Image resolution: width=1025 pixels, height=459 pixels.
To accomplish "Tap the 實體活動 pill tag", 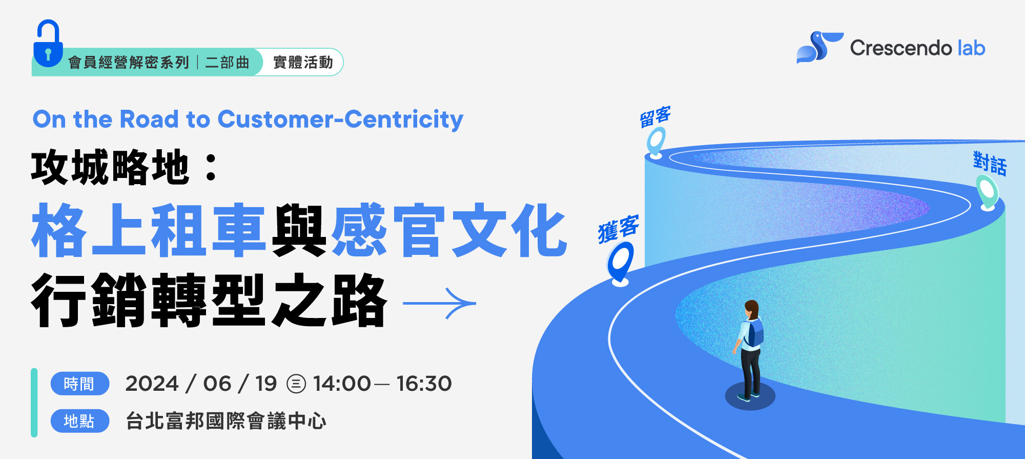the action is point(303,63).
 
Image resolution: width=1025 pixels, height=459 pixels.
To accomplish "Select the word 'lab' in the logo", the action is point(971,48).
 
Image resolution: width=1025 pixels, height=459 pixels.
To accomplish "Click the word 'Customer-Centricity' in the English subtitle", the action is point(340,119).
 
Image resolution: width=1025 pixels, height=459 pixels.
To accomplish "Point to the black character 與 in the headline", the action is point(299,230).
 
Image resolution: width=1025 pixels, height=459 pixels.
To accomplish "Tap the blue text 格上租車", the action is point(149,230).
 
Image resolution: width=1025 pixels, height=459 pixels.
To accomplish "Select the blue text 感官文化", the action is point(449,230).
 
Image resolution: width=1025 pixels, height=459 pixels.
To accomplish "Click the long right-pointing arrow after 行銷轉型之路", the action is point(440,303).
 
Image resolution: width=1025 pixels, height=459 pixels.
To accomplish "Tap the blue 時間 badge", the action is point(79,384).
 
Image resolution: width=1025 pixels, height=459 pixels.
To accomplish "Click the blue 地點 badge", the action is point(79,421).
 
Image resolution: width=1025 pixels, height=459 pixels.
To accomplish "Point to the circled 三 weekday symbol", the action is point(296,384).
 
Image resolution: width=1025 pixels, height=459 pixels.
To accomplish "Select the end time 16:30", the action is point(424,384).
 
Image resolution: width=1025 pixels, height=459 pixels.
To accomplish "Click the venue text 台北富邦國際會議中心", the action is point(226,421).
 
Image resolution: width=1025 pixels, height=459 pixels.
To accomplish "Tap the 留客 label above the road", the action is point(655,117).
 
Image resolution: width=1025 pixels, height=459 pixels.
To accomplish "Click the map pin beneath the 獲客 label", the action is point(621,263).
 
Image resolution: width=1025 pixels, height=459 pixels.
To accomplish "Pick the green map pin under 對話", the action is point(987,192).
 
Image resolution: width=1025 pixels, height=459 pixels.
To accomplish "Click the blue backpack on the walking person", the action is point(754,332).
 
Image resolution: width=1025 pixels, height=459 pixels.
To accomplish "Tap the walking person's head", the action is point(751,309).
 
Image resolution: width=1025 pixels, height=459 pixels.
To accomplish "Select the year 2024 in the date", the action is point(152,384).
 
